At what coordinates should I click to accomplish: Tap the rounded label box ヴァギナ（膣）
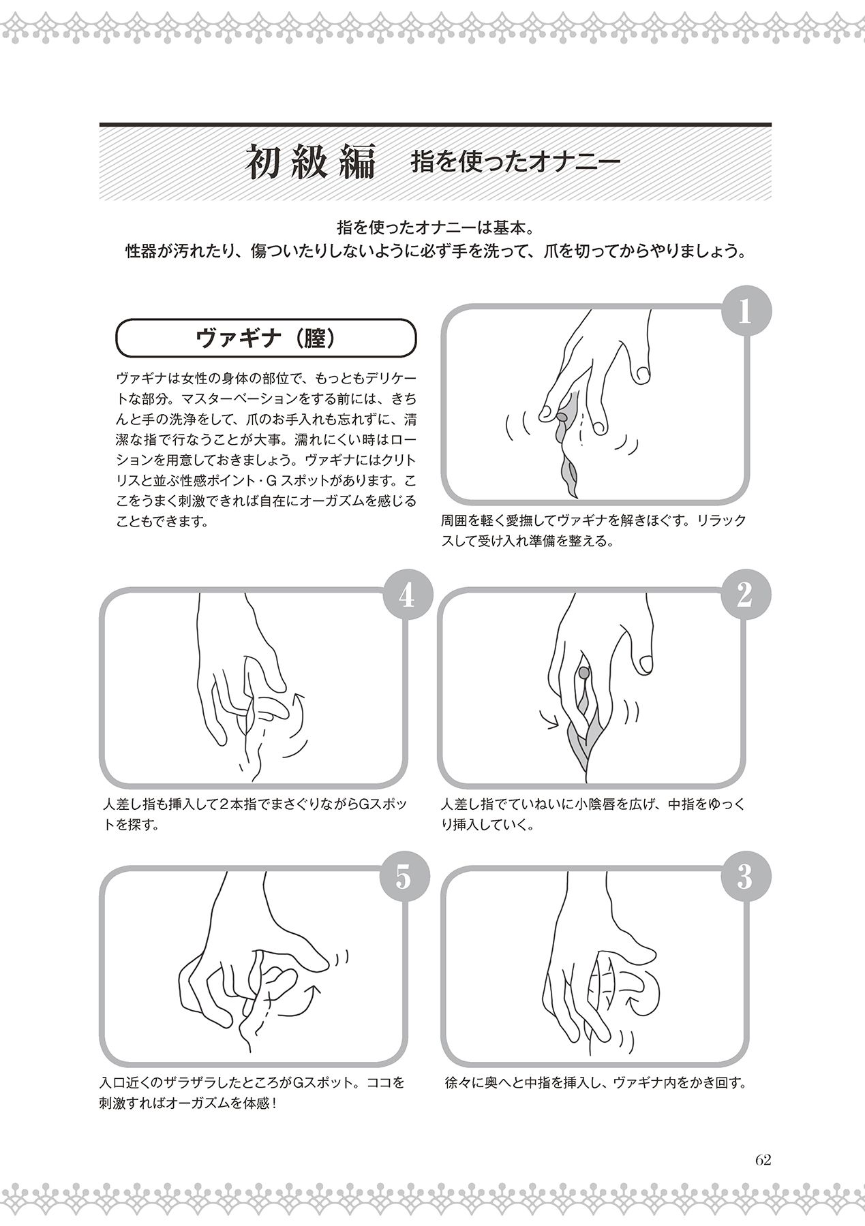coord(266,339)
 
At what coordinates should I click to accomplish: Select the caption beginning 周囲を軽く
coord(593,531)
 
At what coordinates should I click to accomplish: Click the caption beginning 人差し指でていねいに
coord(593,814)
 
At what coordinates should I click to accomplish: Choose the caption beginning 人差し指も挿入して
coord(254,814)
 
